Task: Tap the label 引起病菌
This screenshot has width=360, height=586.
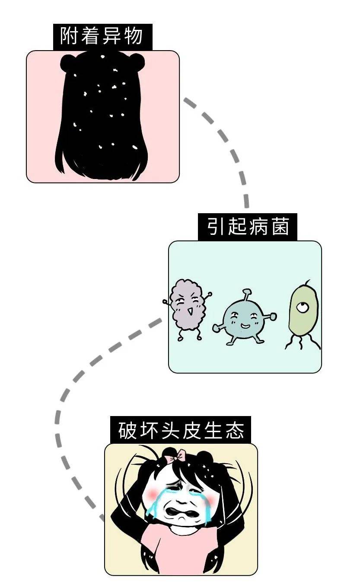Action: tap(247, 227)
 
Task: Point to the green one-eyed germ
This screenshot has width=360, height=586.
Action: tap(303, 315)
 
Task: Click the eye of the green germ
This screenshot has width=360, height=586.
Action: tap(303, 307)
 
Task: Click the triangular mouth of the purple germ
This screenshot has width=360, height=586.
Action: tap(190, 311)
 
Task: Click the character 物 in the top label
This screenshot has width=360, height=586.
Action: tap(134, 36)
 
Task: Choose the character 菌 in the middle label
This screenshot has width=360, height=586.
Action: tap(280, 226)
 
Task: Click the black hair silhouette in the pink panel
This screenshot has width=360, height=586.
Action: tap(102, 115)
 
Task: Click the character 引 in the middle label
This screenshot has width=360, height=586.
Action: tap(216, 226)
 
